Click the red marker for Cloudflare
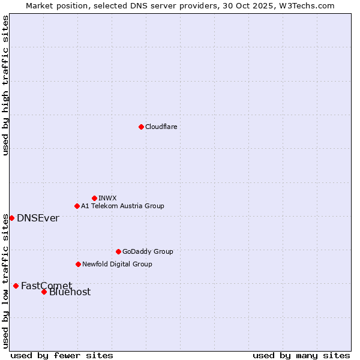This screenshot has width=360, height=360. pyautogui.click(x=141, y=127)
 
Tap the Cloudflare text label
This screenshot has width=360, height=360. pyautogui.click(x=161, y=127)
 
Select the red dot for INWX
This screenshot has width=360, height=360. pyautogui.click(x=94, y=198)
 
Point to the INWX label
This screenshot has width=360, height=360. pyautogui.click(x=107, y=198)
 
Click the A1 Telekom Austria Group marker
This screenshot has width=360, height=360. pyautogui.click(x=77, y=206)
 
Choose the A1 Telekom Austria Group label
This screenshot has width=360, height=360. pyautogui.click(x=122, y=206)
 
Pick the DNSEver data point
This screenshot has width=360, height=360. pyautogui.click(x=11, y=218)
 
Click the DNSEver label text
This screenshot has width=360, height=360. pyautogui.click(x=38, y=218)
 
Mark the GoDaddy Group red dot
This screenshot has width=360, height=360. pyautogui.click(x=118, y=251)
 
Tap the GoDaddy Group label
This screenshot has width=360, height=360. pyautogui.click(x=148, y=251)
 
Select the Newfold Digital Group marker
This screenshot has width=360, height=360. pyautogui.click(x=78, y=264)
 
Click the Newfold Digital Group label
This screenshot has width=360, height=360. pyautogui.click(x=117, y=264)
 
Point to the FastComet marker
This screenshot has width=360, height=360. pyautogui.click(x=16, y=286)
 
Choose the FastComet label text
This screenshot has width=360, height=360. pyautogui.click(x=46, y=286)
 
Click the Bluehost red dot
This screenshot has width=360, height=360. pyautogui.click(x=44, y=292)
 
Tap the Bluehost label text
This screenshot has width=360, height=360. pyautogui.click(x=70, y=292)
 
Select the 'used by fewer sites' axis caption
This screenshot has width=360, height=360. pyautogui.click(x=62, y=355)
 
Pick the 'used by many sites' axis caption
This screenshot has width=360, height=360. pyautogui.click(x=301, y=355)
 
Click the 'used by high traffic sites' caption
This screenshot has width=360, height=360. pyautogui.click(x=5, y=85)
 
